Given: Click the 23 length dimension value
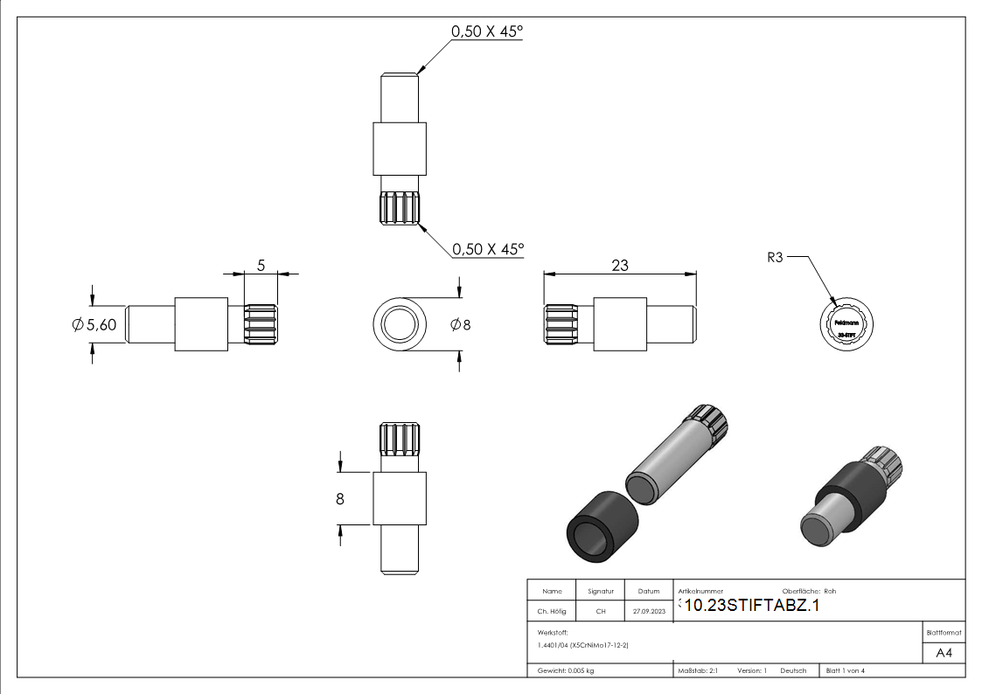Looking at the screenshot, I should pyautogui.click(x=619, y=266).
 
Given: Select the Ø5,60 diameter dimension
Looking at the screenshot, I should pyautogui.click(x=94, y=325).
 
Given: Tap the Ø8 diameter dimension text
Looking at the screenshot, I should pyautogui.click(x=461, y=324).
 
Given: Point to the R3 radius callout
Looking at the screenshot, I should pyautogui.click(x=775, y=258).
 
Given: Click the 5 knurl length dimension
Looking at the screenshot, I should pyautogui.click(x=260, y=265).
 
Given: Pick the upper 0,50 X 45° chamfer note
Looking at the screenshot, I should pyautogui.click(x=486, y=31).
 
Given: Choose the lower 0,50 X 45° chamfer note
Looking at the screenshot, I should pyautogui.click(x=487, y=249).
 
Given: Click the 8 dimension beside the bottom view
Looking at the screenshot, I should pyautogui.click(x=340, y=499).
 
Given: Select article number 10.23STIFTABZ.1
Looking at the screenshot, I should pyautogui.click(x=752, y=606).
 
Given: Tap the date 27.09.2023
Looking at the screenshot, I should pyautogui.click(x=649, y=612).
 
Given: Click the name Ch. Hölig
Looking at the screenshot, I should pyautogui.click(x=551, y=612).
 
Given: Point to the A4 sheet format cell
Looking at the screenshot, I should pyautogui.click(x=944, y=653).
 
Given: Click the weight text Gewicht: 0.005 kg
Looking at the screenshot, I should pyautogui.click(x=566, y=670).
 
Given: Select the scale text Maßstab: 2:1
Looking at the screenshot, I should pyautogui.click(x=698, y=670).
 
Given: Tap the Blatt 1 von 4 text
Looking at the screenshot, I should pyautogui.click(x=846, y=670).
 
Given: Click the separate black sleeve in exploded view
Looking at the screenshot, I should pyautogui.click(x=600, y=531).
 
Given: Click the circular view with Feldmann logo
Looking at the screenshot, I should pyautogui.click(x=846, y=325).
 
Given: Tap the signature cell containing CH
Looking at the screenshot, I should pyautogui.click(x=600, y=612).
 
